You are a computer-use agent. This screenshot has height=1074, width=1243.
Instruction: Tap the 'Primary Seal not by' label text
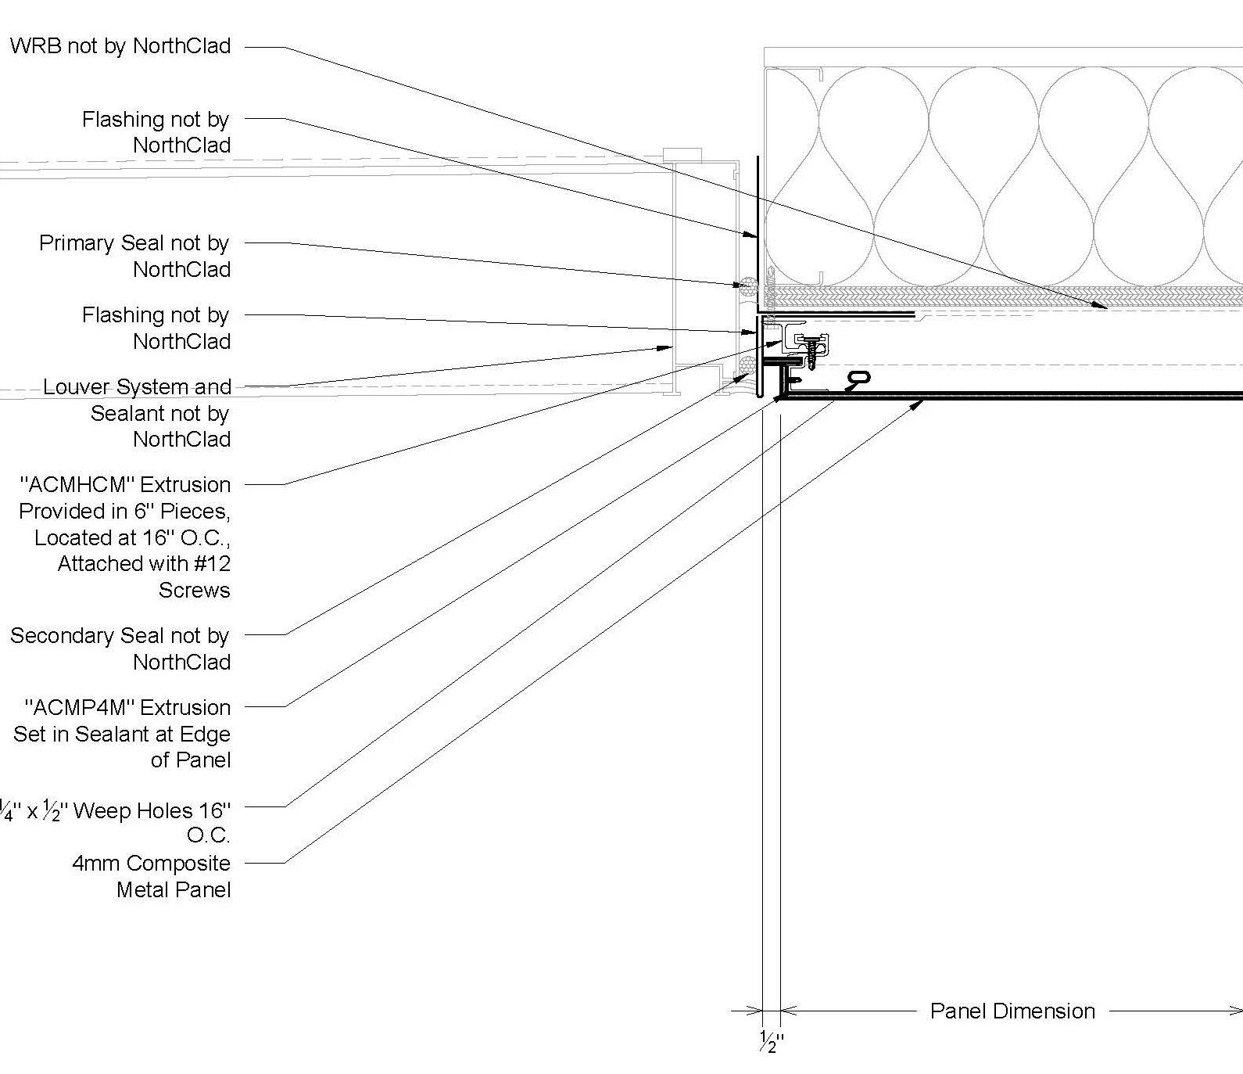pos(134,243)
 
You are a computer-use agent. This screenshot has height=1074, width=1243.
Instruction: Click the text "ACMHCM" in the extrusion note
pos(77,485)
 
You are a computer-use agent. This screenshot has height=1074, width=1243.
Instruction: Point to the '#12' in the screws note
pos(211,564)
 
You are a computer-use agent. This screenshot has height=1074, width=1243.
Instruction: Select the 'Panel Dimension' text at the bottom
pos(1012,1011)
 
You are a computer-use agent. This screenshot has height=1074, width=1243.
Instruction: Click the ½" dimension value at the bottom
pos(771,1041)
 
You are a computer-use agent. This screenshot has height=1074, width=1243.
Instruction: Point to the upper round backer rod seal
pos(748,286)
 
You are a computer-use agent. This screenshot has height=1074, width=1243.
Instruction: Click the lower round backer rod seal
pos(747,365)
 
